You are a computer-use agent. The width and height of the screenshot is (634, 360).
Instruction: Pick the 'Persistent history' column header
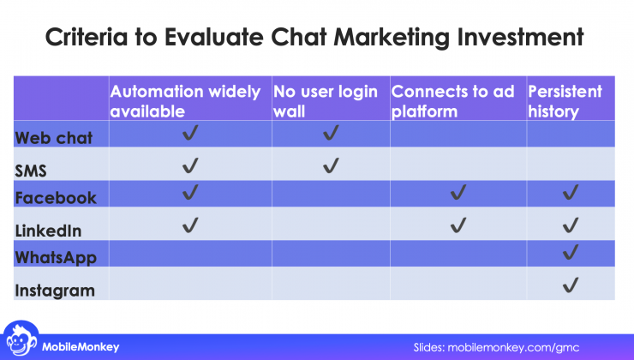click(x=565, y=99)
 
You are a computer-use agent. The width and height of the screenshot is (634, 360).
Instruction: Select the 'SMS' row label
click(x=31, y=170)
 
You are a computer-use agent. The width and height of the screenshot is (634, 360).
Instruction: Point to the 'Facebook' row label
click(x=56, y=198)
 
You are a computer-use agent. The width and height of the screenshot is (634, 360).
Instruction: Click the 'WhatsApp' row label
click(x=56, y=258)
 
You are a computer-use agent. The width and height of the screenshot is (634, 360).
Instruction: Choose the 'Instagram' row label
click(x=55, y=290)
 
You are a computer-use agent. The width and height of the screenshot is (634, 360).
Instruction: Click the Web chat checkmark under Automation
click(x=191, y=134)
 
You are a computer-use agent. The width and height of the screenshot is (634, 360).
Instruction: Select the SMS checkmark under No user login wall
click(x=331, y=165)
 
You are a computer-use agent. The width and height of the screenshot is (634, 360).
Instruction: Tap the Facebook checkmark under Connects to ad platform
click(x=458, y=194)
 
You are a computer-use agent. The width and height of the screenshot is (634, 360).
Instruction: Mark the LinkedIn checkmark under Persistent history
click(x=570, y=225)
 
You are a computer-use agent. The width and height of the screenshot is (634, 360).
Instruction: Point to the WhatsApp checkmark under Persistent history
click(x=570, y=252)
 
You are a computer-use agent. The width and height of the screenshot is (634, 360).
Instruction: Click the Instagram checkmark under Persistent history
click(x=570, y=285)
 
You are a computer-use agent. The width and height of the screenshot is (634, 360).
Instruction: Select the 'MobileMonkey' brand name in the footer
click(x=81, y=346)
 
